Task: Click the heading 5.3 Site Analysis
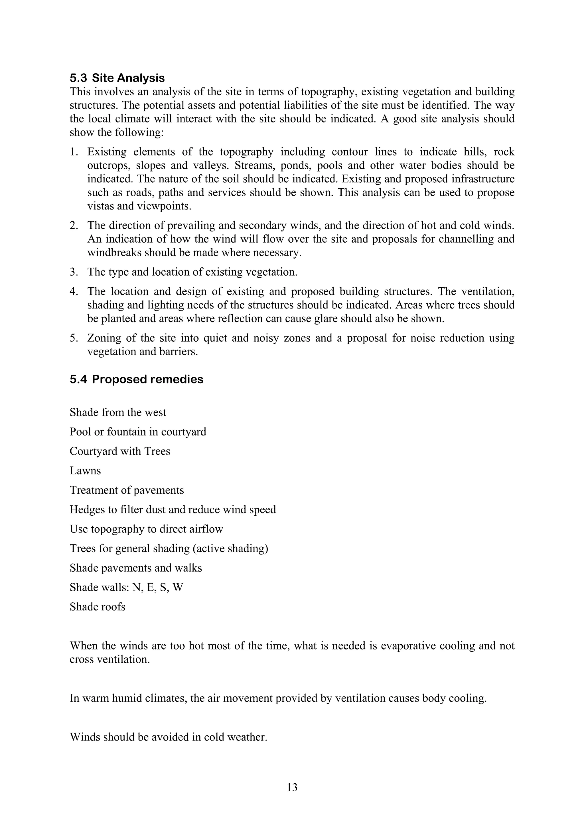coord(117,78)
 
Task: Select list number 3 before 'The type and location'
coord(74,272)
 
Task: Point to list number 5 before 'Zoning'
coord(74,338)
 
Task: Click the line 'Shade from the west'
coord(118,412)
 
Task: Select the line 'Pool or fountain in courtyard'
coord(138,431)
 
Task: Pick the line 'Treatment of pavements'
coord(127,490)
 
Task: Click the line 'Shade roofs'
coord(98,607)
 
